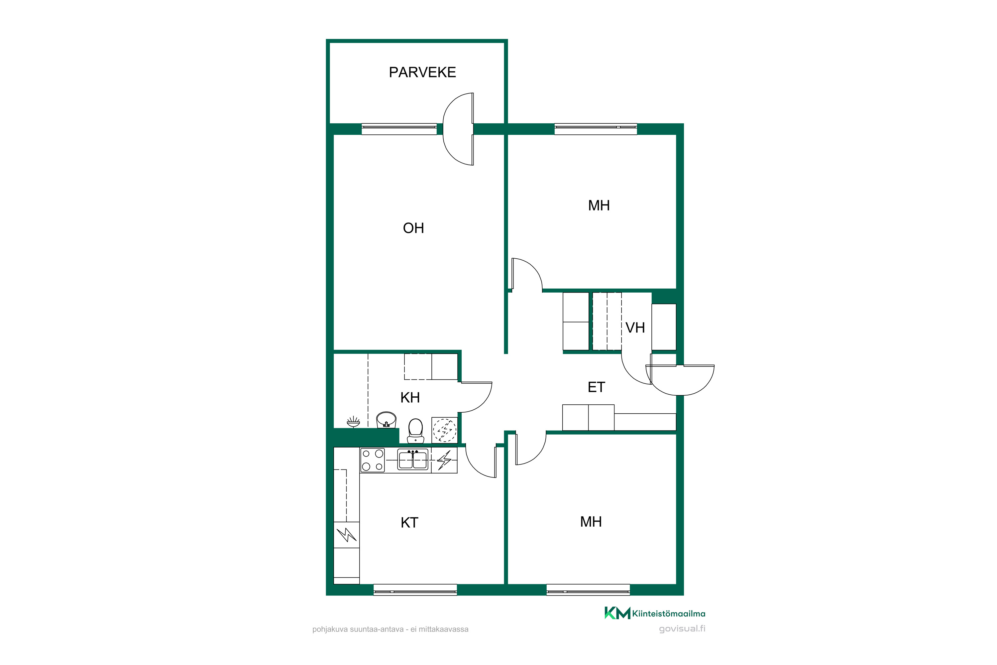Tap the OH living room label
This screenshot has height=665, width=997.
(413, 228)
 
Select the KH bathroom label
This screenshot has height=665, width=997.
(410, 398)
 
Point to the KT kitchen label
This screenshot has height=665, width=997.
(409, 522)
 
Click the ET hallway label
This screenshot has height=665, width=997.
(597, 387)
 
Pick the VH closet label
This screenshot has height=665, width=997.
(635, 328)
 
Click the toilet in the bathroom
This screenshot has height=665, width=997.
(415, 431)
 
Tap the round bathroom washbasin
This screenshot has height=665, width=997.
(386, 420)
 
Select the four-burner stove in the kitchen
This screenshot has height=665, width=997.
(373, 460)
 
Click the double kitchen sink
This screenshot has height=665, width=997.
(412, 459)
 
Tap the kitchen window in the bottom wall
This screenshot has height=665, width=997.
(415, 590)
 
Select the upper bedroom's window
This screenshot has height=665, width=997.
(596, 129)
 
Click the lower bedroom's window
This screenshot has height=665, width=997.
(588, 590)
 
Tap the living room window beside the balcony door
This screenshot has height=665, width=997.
(399, 129)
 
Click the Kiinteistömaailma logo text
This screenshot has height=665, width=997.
(668, 614)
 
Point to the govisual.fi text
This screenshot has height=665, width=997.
(682, 629)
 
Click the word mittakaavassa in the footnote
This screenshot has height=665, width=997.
(443, 629)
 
